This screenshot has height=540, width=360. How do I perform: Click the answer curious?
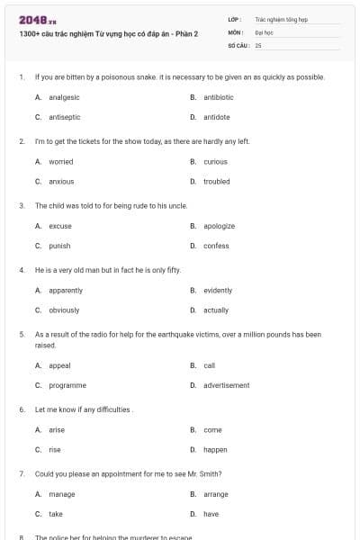pos(216,162)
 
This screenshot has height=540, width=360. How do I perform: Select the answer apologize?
pos(220,226)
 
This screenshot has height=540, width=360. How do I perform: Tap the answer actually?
pos(216,310)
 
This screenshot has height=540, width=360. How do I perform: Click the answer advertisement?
pos(227,385)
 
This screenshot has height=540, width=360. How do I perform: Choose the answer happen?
pos(215,449)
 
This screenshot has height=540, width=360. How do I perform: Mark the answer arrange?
pos(216,494)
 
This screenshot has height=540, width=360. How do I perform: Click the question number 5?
pos(21,334)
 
